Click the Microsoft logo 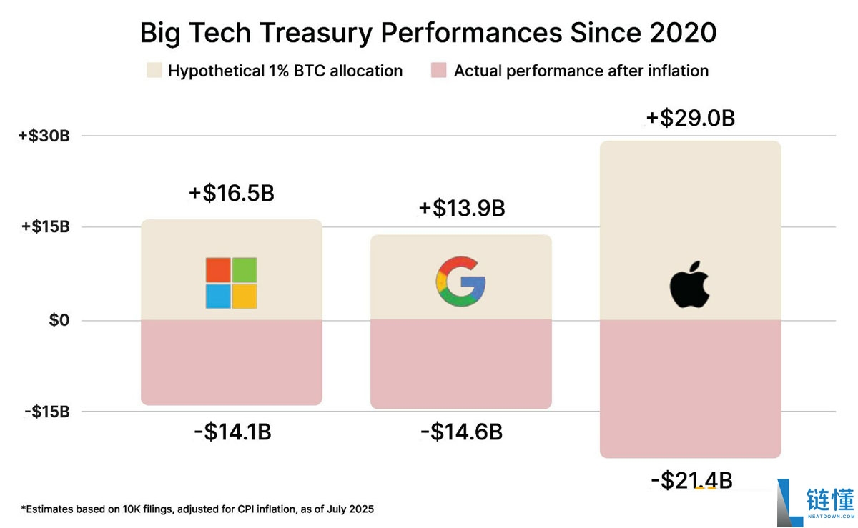click(x=231, y=283)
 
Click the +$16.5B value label click(x=232, y=194)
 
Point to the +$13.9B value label click(x=462, y=209)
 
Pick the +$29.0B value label click(x=691, y=118)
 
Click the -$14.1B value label click(x=232, y=432)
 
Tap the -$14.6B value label click(x=461, y=432)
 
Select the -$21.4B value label click(x=691, y=481)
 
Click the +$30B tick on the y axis click(x=44, y=136)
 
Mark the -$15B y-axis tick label click(x=46, y=412)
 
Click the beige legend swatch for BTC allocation click(x=153, y=71)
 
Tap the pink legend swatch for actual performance click(x=439, y=71)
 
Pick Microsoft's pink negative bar click(x=231, y=362)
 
